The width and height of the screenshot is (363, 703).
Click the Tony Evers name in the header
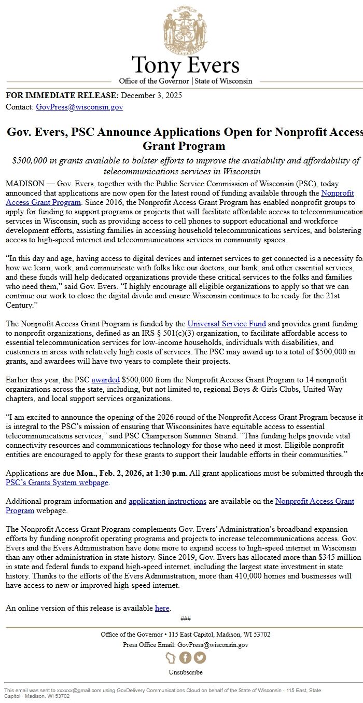coord(185,66)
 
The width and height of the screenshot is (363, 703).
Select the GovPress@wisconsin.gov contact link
coord(79,107)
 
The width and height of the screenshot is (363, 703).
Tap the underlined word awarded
coord(105,380)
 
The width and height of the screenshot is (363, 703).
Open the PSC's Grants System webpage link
coord(57,483)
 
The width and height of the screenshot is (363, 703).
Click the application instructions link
coord(167,501)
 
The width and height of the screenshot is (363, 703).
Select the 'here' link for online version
coord(162,608)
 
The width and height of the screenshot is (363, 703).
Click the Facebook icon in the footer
coord(185,658)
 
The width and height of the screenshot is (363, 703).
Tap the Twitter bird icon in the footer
coord(200,658)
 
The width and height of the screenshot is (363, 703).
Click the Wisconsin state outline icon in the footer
coord(171,658)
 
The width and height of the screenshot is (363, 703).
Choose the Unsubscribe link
coord(185,672)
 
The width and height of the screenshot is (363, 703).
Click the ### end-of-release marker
coord(185,618)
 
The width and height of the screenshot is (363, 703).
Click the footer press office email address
coord(213,645)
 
